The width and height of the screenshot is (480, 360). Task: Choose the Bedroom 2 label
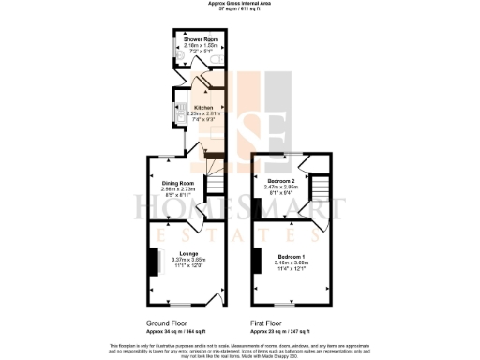pos(281,180)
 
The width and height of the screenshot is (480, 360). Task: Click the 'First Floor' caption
pos(268,323)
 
